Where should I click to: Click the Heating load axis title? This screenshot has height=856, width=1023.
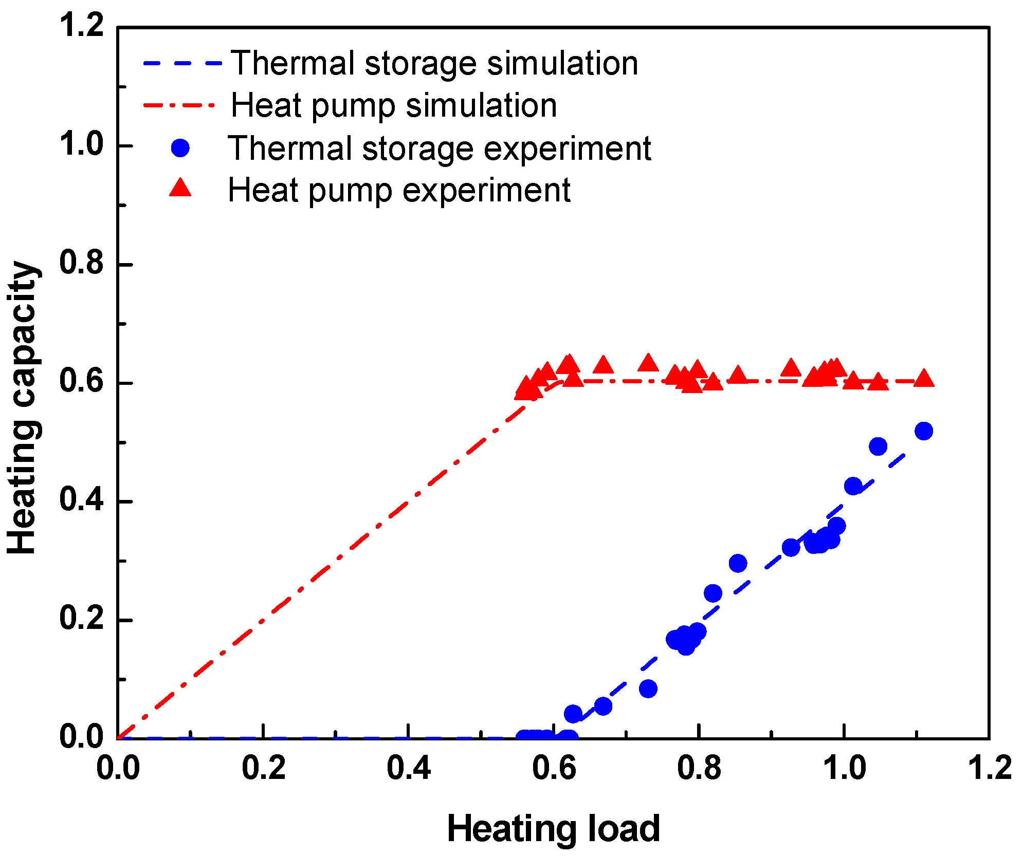coord(553,828)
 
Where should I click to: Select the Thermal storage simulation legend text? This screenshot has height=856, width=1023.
coord(434,63)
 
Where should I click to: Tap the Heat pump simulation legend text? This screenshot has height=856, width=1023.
coord(394,105)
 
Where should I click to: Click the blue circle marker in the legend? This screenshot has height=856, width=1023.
coord(180,148)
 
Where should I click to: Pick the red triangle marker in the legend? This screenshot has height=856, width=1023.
coord(180,189)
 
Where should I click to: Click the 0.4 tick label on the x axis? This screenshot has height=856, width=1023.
coord(408,768)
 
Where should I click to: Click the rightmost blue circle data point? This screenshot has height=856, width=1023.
coord(924,431)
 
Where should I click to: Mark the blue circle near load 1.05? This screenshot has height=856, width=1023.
coord(878,446)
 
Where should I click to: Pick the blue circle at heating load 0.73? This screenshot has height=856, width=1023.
coord(648,688)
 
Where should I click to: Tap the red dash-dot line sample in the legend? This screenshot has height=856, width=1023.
coord(180,105)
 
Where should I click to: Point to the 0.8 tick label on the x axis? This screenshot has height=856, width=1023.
coord(699,768)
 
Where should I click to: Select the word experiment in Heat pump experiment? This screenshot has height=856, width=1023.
coord(486,191)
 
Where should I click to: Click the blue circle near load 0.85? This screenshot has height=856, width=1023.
coord(738,563)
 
